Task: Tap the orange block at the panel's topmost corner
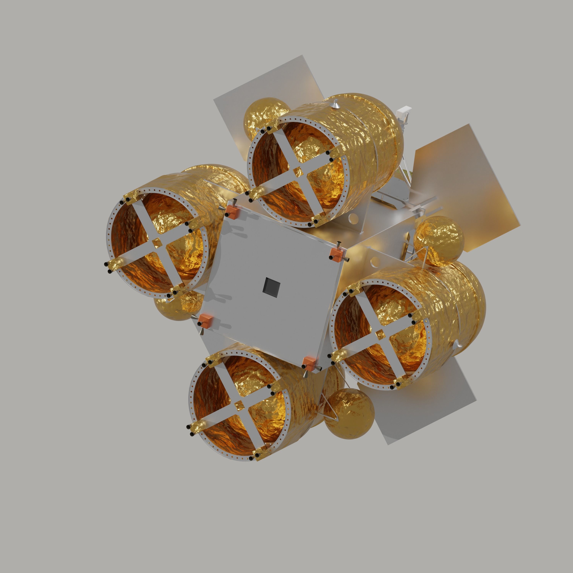coord(231,211)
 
